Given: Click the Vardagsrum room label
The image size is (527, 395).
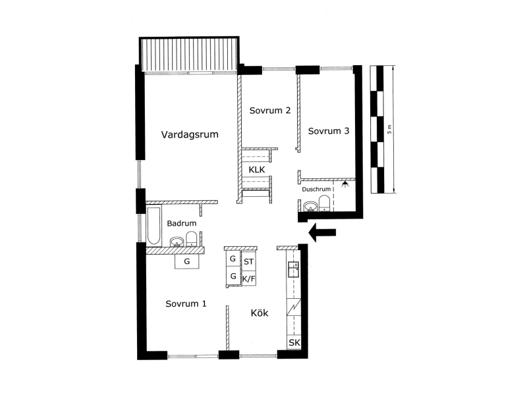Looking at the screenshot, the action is [x=190, y=134].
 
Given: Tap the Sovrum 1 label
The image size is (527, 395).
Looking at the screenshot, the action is [x=186, y=303].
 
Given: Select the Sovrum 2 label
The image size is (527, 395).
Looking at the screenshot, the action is [x=270, y=111].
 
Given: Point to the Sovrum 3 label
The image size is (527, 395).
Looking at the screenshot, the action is [x=329, y=131].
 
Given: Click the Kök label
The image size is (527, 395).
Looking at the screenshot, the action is [x=260, y=313].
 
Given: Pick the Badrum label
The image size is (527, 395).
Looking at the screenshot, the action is [x=182, y=223].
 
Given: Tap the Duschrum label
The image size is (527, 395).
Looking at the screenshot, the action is [x=316, y=190].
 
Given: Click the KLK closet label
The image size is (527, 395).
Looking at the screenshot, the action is [x=257, y=170].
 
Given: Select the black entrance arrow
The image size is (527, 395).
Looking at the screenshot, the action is [x=322, y=232].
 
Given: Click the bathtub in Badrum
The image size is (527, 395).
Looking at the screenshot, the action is [x=153, y=226].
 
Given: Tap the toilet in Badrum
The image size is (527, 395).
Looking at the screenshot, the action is [x=192, y=238].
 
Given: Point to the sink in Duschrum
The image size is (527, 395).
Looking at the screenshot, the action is [x=310, y=206].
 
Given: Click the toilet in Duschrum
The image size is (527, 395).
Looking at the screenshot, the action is [x=324, y=203].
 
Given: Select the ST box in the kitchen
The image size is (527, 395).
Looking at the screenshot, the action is [x=249, y=261].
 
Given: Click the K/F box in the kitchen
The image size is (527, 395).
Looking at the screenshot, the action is [x=249, y=278].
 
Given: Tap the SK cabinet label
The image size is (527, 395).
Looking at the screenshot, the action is [x=294, y=343].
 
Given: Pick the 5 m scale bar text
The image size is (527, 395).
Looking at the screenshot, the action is [x=389, y=129].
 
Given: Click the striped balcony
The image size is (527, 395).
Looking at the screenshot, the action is [x=190, y=54].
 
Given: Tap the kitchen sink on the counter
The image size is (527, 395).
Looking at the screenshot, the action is [x=294, y=269].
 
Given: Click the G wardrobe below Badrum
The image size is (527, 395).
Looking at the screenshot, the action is [x=187, y=261].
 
